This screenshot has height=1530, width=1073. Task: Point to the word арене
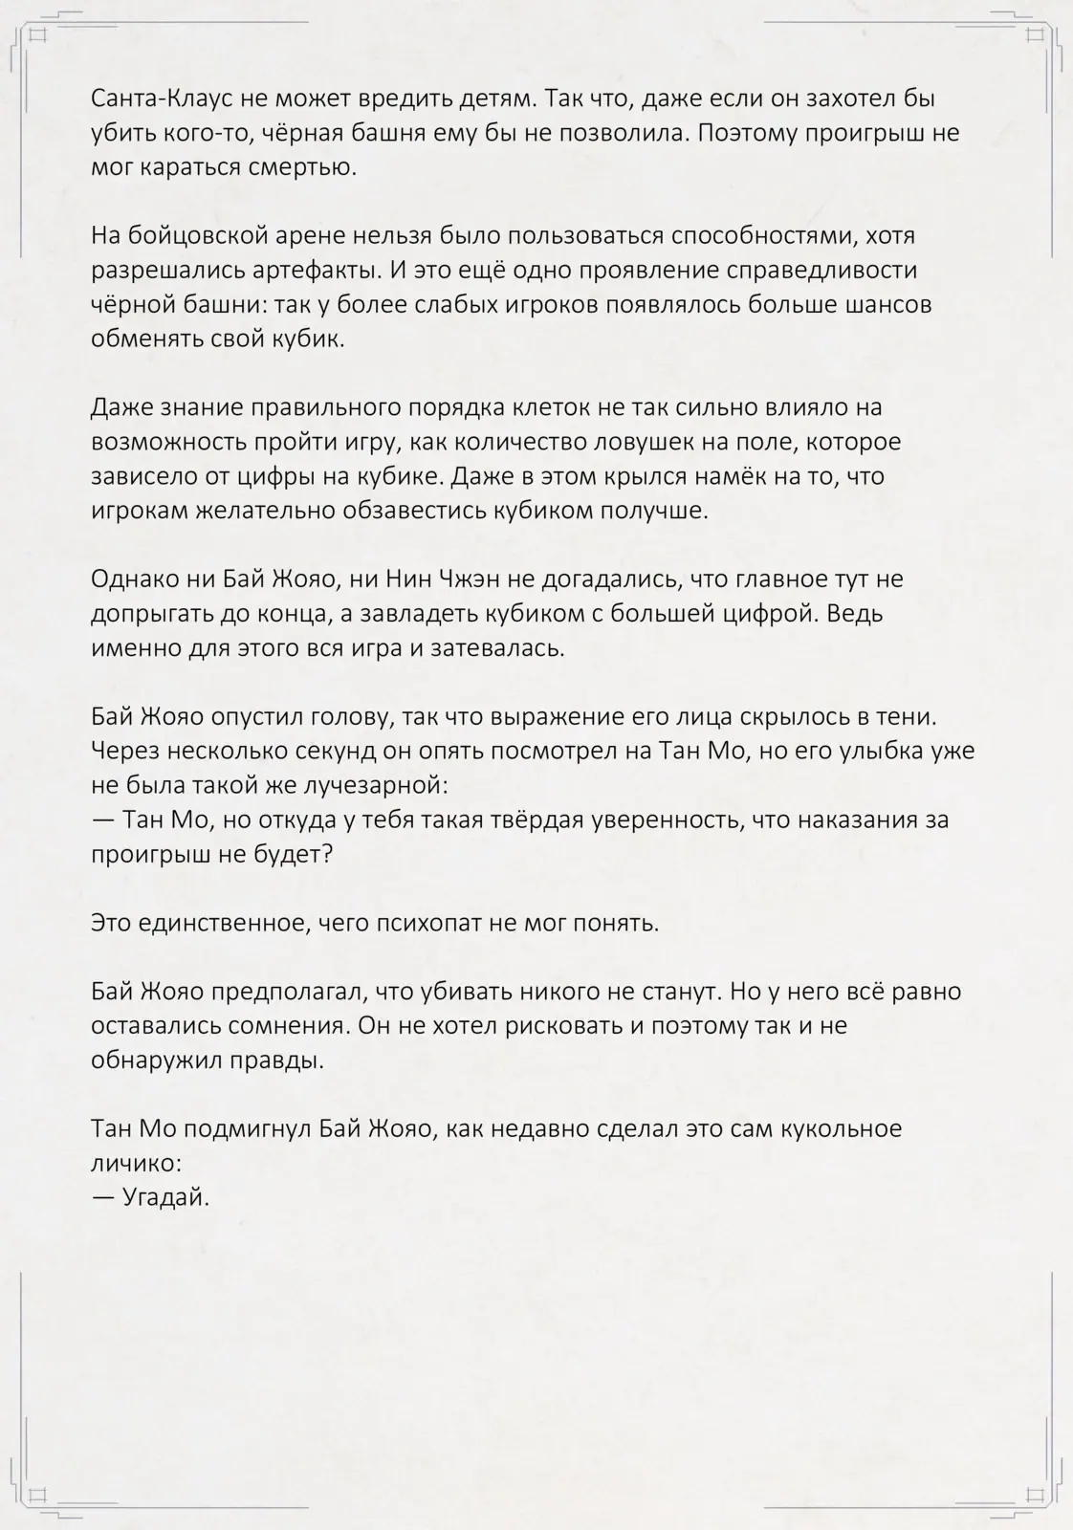(292, 236)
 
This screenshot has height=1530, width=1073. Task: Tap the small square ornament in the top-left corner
(38, 36)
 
